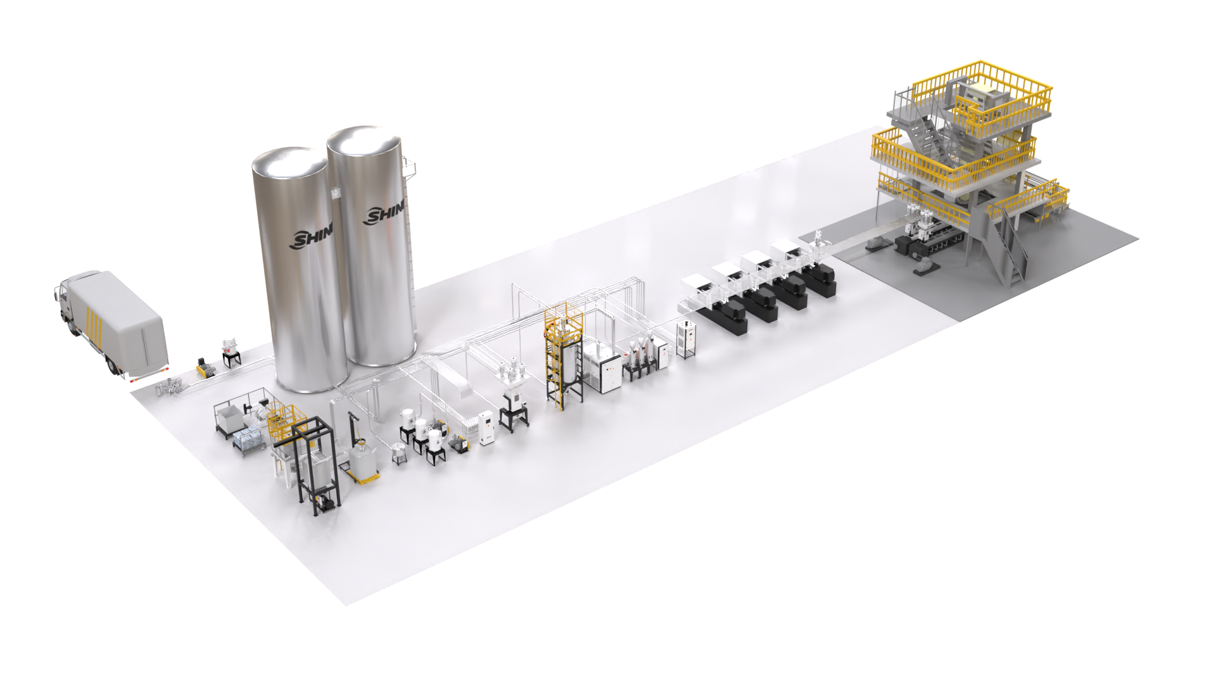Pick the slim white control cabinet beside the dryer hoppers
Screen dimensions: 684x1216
click(486, 427)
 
